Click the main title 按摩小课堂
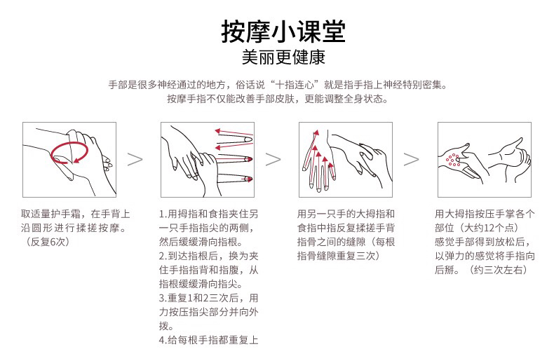pyautogui.click(x=283, y=32)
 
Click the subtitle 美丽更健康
pyautogui.click(x=283, y=57)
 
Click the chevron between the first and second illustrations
pyautogui.click(x=135, y=160)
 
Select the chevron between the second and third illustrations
pyautogui.click(x=273, y=160)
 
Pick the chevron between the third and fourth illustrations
pyautogui.click(x=411, y=160)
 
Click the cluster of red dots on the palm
pyautogui.click(x=453, y=160)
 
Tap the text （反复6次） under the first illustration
pyautogui.click(x=45, y=242)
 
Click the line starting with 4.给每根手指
pyautogui.click(x=208, y=340)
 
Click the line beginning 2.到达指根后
pyautogui.click(x=208, y=256)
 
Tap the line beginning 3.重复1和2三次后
pyautogui.click(x=208, y=298)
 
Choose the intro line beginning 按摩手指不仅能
pyautogui.click(x=278, y=99)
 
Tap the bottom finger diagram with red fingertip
pyautogui.click(x=234, y=178)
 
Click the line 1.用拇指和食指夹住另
pyautogui.click(x=208, y=214)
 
